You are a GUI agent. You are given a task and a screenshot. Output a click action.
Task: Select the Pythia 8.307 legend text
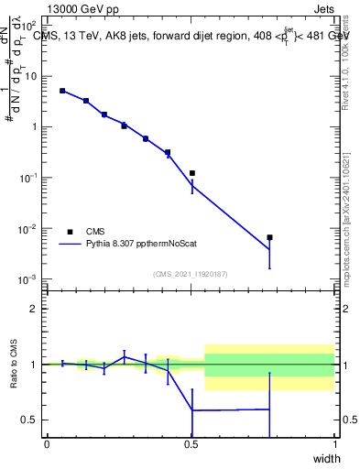pyautogui.click(x=136, y=245)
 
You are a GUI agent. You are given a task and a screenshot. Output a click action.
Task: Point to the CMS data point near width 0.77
pyautogui.click(x=269, y=237)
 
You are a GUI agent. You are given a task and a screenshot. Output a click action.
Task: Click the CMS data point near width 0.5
pyautogui.click(x=191, y=173)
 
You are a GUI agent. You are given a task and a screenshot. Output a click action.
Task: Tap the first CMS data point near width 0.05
pyautogui.click(x=62, y=91)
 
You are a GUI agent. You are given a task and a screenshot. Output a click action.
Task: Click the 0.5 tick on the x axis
pyautogui.click(x=191, y=445)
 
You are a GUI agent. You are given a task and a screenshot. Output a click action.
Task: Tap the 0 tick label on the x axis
pyautogui.click(x=47, y=445)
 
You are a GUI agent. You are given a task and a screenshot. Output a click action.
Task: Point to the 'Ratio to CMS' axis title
pyautogui.click(x=13, y=365)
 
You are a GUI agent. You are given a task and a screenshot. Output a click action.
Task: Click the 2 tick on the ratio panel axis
pyautogui.click(x=34, y=309)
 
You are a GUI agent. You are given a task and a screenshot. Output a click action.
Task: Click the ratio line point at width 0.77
pyautogui.click(x=269, y=409)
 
